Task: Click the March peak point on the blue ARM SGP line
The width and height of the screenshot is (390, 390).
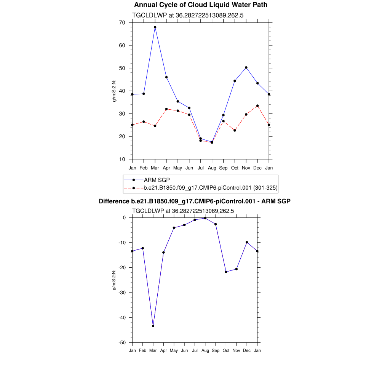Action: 155,27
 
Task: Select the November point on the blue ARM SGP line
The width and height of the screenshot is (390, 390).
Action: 246,67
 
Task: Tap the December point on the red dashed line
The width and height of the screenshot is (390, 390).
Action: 257,106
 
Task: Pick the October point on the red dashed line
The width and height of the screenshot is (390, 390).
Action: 235,131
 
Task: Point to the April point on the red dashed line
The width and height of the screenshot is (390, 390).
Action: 166,109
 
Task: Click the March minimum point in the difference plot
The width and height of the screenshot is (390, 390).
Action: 153,326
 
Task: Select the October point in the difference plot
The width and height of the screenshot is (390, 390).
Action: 226,272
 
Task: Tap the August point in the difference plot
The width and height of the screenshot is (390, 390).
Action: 205,218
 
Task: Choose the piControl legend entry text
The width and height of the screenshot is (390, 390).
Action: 211,188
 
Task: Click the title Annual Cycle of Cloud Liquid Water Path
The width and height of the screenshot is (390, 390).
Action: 201,5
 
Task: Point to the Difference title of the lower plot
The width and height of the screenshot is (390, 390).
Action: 195,201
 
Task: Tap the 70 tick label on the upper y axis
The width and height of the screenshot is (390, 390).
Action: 122,22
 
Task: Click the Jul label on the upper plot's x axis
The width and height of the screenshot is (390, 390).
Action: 200,168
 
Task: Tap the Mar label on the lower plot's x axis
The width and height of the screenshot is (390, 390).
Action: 153,350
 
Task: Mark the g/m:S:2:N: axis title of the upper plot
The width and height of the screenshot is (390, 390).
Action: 114,91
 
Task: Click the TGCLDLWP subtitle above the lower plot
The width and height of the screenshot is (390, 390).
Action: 183,211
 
